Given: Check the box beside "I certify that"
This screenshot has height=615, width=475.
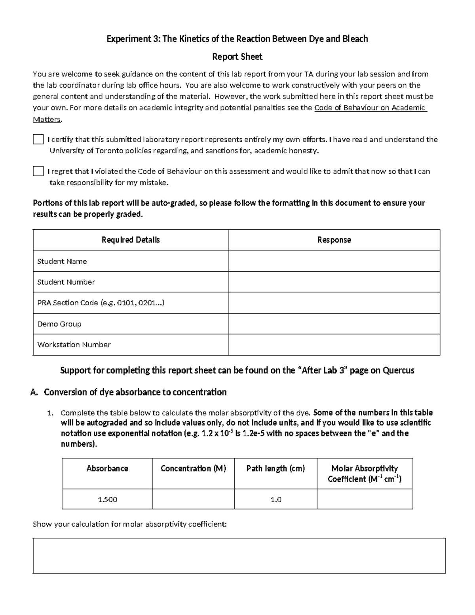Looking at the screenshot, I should pyautogui.click(x=38, y=139).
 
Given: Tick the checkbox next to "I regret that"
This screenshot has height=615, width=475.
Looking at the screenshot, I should pyautogui.click(x=38, y=171).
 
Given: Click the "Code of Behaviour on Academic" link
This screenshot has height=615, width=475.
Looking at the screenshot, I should pyautogui.click(x=370, y=108).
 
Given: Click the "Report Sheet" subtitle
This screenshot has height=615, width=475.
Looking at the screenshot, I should pyautogui.click(x=237, y=57).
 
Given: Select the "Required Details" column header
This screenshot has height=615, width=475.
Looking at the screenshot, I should pyautogui.click(x=131, y=240).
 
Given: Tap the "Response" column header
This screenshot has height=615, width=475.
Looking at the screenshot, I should pyautogui.click(x=334, y=240).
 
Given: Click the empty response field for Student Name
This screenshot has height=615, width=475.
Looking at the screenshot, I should pyautogui.click(x=334, y=261).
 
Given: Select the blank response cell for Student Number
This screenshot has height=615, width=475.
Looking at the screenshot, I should pyautogui.click(x=334, y=282).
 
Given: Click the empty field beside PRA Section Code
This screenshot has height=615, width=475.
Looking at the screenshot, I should pyautogui.click(x=334, y=303).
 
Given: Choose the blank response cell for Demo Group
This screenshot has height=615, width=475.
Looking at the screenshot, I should pyautogui.click(x=334, y=324).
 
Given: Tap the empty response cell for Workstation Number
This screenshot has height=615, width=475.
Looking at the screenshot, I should pyautogui.click(x=334, y=345).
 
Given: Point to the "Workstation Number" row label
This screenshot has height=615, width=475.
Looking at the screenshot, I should pyautogui.click(x=74, y=345).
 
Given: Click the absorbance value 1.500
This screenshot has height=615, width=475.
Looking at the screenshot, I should pyautogui.click(x=107, y=499).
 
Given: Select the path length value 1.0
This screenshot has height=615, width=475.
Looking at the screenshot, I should pyautogui.click(x=275, y=499).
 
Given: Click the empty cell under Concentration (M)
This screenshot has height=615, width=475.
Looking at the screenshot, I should pyautogui.click(x=193, y=499).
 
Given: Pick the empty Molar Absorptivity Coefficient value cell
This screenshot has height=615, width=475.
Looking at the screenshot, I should pyautogui.click(x=364, y=499).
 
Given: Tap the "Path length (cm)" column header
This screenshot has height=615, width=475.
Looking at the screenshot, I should pyautogui.click(x=275, y=469).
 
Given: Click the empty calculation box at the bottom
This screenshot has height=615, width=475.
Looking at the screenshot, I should pyautogui.click(x=239, y=556).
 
